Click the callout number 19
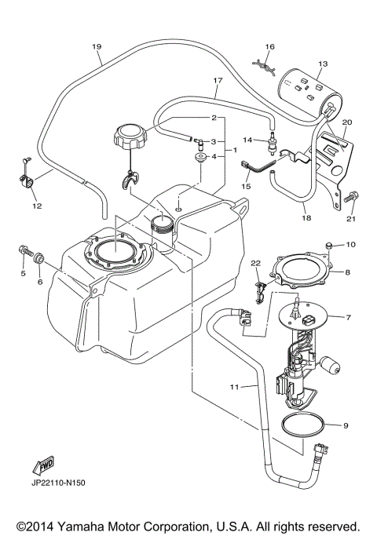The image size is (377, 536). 97,47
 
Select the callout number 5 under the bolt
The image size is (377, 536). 22,274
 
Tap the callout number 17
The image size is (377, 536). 219,80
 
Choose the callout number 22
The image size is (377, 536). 255,262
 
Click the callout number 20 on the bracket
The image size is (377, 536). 347,122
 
